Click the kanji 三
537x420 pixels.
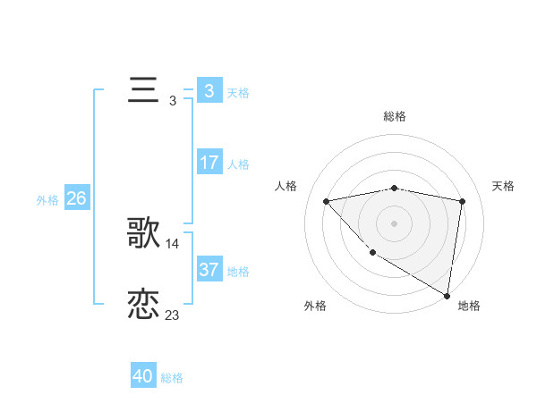pyautogui.click(x=144, y=91)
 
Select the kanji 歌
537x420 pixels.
pyautogui.click(x=144, y=234)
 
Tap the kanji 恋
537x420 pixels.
pyautogui.click(x=144, y=305)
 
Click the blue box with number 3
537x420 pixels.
pyautogui.click(x=209, y=91)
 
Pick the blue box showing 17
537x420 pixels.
pyautogui.click(x=209, y=163)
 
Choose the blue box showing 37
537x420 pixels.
pyautogui.click(x=209, y=270)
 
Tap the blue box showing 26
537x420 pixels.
pyautogui.click(x=76, y=198)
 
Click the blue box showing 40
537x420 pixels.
pyautogui.click(x=143, y=376)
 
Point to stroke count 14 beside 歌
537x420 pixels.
pyautogui.click(x=173, y=244)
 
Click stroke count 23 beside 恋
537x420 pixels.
pyautogui.click(x=173, y=315)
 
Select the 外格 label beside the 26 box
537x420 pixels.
pyautogui.click(x=47, y=200)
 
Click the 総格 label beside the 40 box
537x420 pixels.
pyautogui.click(x=172, y=378)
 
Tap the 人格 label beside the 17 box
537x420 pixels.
pyautogui.click(x=239, y=164)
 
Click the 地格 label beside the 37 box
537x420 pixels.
pyautogui.click(x=239, y=272)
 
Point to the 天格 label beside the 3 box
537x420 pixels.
pyautogui.click(x=239, y=93)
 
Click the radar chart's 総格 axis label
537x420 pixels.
pyautogui.click(x=395, y=116)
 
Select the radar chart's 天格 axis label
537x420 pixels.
pyautogui.click(x=504, y=186)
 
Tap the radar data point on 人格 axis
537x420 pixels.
pyautogui.click(x=326, y=201)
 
